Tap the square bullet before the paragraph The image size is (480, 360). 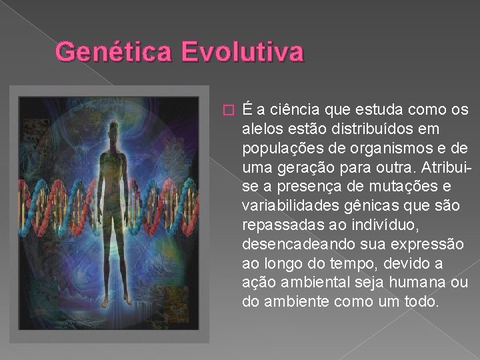(x=228, y=109)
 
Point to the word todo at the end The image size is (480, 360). (x=423, y=302)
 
